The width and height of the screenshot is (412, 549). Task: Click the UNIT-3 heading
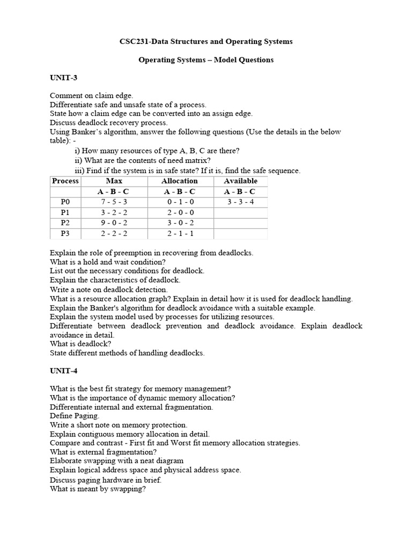click(x=63, y=78)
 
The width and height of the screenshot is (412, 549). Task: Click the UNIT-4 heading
click(x=63, y=370)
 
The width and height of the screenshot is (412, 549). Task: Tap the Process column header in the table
click(x=65, y=181)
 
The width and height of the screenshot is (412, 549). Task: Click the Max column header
click(x=114, y=181)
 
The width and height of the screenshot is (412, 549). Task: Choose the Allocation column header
click(x=179, y=181)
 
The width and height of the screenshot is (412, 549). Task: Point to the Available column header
click(x=240, y=181)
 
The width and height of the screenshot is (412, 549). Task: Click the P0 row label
click(x=65, y=202)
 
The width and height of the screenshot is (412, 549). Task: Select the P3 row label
click(x=65, y=233)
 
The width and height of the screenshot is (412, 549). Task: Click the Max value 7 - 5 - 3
click(x=114, y=202)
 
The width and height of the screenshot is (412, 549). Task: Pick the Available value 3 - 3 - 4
click(x=240, y=202)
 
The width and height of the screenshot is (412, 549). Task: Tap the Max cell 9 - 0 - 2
click(x=114, y=223)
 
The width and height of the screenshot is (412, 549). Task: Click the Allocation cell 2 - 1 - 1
click(x=179, y=233)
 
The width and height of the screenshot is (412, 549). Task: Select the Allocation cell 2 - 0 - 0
click(x=179, y=212)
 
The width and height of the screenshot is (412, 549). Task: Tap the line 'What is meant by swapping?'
click(x=98, y=489)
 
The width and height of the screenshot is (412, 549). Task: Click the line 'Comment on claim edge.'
click(x=91, y=95)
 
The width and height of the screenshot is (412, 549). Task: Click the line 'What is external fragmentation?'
click(x=103, y=452)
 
